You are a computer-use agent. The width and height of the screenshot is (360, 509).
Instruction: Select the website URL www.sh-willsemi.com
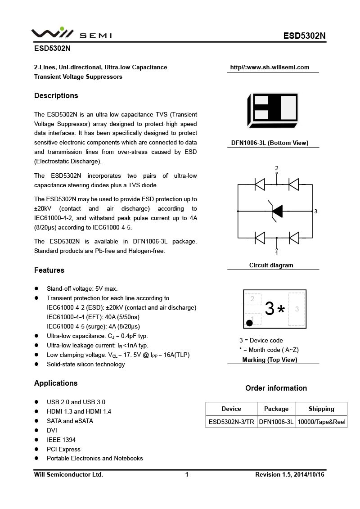(270, 68)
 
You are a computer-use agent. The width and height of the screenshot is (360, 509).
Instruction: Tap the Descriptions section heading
(56, 95)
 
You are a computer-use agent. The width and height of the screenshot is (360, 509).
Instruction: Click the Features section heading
(49, 270)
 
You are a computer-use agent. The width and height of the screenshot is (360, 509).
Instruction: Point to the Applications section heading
(56, 383)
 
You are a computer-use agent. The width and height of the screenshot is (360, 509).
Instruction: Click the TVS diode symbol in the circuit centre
(276, 211)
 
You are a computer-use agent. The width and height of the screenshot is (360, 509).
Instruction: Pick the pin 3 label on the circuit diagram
(316, 211)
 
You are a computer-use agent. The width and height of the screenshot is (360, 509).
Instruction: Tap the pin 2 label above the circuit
(277, 168)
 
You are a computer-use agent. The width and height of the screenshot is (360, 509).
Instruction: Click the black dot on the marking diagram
(249, 323)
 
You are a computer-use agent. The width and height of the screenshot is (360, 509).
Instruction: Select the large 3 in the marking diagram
(270, 309)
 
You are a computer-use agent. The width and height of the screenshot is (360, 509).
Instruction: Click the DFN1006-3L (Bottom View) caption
(270, 143)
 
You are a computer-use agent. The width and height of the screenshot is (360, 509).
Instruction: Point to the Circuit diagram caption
(271, 265)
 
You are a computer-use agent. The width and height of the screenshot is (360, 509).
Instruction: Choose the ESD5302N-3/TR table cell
(231, 422)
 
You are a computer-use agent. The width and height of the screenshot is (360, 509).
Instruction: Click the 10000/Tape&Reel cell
(321, 422)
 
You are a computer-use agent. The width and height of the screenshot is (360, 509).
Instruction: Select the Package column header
(276, 409)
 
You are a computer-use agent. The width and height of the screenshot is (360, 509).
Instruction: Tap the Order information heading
(276, 388)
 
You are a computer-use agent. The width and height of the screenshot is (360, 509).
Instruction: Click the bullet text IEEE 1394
(61, 440)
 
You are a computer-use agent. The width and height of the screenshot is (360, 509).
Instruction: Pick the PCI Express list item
(63, 449)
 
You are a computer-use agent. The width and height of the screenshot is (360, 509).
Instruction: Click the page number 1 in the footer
(187, 474)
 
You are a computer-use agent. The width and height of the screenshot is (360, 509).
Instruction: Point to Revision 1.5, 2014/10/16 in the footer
(290, 474)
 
